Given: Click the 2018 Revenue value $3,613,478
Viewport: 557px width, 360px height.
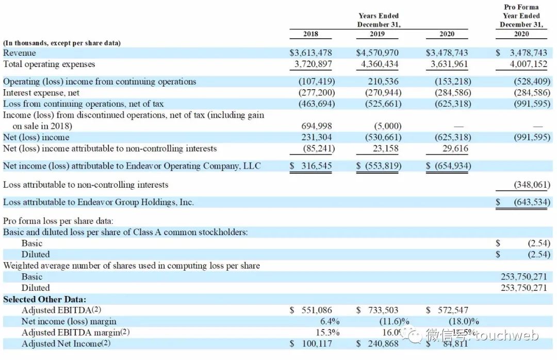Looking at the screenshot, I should [x=310, y=53].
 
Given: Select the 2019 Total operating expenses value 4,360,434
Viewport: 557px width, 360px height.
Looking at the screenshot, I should [x=378, y=64].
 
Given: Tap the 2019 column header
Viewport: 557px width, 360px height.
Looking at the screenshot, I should [x=378, y=34].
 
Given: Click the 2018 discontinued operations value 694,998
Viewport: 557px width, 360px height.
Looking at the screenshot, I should [x=317, y=126].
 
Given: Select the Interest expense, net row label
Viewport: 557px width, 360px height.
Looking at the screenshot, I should [x=41, y=93].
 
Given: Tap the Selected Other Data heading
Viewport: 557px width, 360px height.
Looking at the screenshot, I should [x=45, y=299].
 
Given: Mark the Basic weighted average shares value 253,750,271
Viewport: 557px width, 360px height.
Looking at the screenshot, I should [x=524, y=277].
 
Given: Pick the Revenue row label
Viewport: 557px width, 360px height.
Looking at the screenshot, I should [x=20, y=53].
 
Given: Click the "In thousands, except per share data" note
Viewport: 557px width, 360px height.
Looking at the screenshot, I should [x=62, y=43].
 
